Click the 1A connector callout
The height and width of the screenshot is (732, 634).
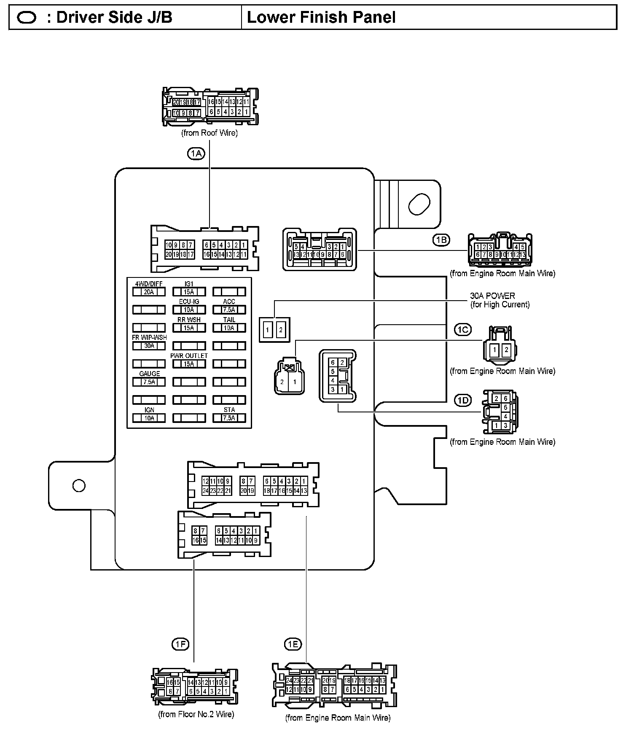point(196,154)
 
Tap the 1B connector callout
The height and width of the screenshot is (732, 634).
point(441,240)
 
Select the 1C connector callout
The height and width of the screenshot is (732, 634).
point(462,329)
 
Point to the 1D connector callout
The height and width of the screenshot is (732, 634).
point(462,400)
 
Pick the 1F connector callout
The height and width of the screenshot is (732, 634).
point(180,644)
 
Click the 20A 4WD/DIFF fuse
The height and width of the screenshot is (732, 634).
point(149,291)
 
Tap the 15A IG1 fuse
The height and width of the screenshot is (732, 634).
point(189,291)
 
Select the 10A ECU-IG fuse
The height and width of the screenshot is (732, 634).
point(189,309)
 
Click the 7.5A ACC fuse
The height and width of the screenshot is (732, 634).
point(229,309)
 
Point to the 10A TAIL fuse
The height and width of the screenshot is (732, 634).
point(229,328)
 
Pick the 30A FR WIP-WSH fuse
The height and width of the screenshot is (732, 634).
point(149,346)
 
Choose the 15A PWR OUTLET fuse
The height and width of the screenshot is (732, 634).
point(189,364)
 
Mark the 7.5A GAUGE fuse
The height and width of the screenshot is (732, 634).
point(149,382)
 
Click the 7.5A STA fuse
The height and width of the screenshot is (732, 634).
point(229,418)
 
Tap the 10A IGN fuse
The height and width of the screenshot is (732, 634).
point(149,418)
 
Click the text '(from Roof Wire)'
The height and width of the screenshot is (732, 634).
point(210,133)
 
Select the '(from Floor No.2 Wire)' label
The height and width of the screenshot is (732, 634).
point(196,714)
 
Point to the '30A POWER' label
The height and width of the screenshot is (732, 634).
point(492,296)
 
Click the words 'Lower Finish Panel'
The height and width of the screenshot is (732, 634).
point(321,18)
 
